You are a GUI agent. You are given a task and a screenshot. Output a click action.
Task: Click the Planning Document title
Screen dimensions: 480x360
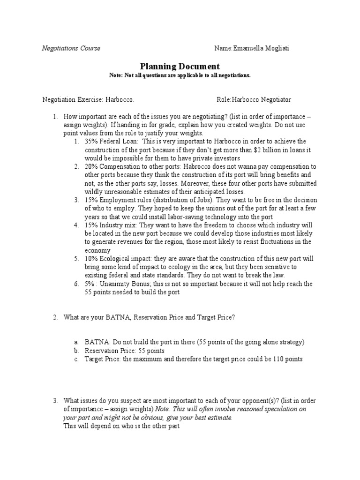[x=180, y=67]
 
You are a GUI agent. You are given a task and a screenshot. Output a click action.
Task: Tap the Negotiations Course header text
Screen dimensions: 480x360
[x=71, y=48]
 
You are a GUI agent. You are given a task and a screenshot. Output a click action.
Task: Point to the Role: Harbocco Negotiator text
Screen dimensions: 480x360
[x=254, y=100]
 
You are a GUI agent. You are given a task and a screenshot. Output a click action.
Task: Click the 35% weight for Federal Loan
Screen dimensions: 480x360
[x=92, y=141]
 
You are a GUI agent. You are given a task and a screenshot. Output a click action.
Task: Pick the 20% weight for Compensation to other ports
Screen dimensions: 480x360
[x=92, y=166]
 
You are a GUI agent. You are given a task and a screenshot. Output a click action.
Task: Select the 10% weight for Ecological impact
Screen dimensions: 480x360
[x=92, y=259]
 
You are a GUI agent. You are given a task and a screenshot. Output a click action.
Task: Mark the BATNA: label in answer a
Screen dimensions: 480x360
[x=96, y=342]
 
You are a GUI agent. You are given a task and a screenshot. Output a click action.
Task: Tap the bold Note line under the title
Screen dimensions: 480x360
[x=180, y=75]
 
